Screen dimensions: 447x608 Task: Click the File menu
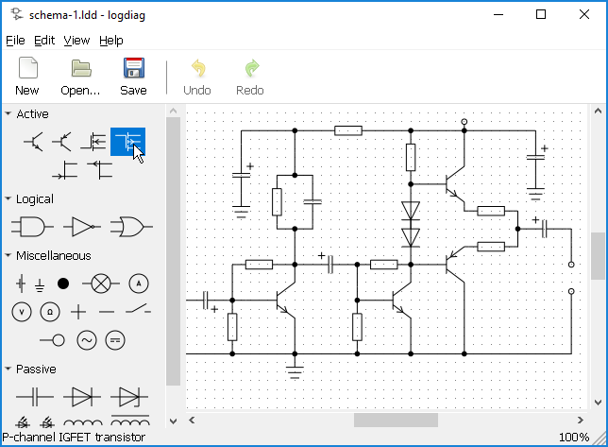[x=15, y=41]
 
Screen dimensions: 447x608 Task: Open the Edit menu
[x=44, y=41]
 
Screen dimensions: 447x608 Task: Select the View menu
[x=76, y=41]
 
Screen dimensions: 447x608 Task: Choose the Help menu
[x=111, y=41]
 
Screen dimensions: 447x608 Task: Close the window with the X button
[x=584, y=14]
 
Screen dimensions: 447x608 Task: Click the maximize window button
[x=541, y=14]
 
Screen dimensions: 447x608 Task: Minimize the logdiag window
[x=498, y=14]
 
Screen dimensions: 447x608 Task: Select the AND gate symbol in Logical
[x=30, y=227]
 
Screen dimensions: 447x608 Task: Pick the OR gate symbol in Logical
[x=127, y=227]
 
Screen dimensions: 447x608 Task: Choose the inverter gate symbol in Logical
[x=80, y=227]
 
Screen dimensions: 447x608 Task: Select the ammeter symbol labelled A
[x=139, y=283]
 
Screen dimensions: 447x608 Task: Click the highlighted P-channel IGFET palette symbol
[x=128, y=142]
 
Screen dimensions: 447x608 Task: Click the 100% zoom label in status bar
[x=573, y=437]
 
